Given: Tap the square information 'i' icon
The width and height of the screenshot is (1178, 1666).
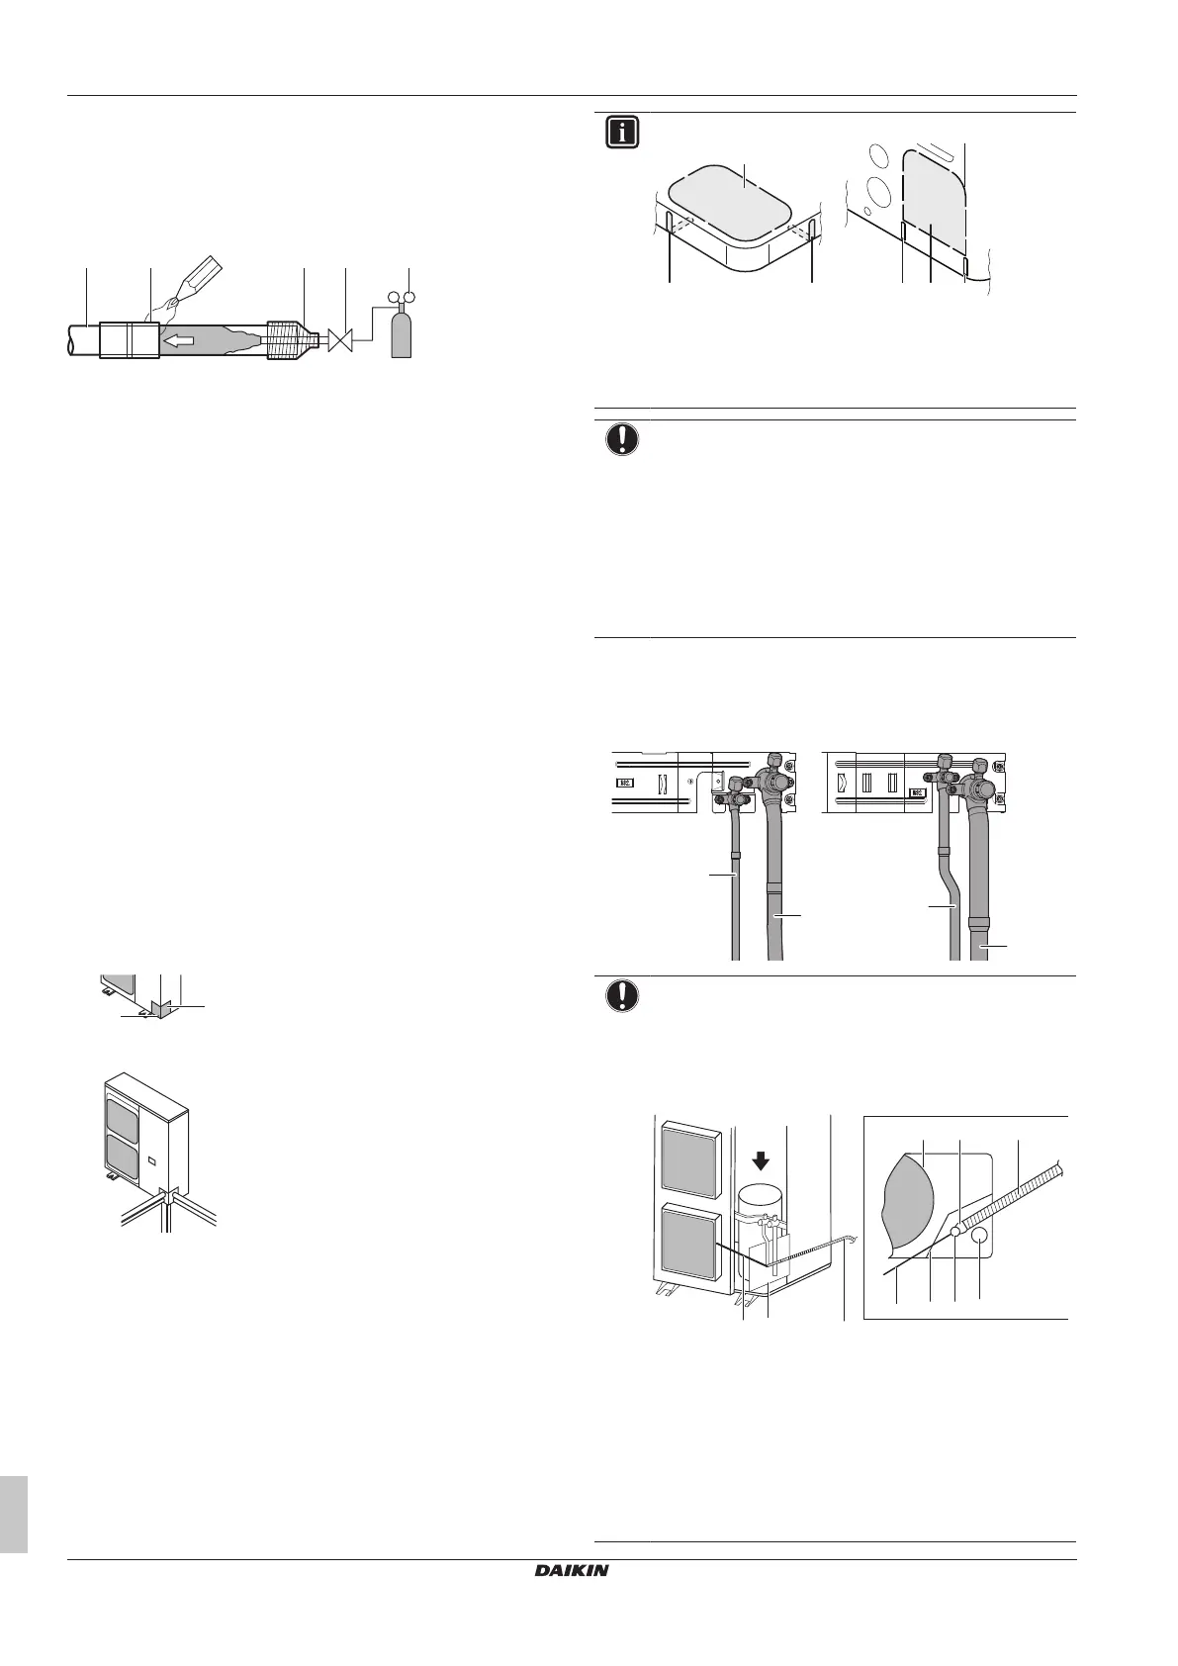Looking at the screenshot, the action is pyautogui.click(x=622, y=134).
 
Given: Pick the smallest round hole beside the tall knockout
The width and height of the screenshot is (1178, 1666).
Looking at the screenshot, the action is pyautogui.click(x=866, y=211).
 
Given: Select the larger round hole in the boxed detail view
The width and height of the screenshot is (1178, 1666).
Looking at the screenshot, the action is pyautogui.click(x=980, y=1237).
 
